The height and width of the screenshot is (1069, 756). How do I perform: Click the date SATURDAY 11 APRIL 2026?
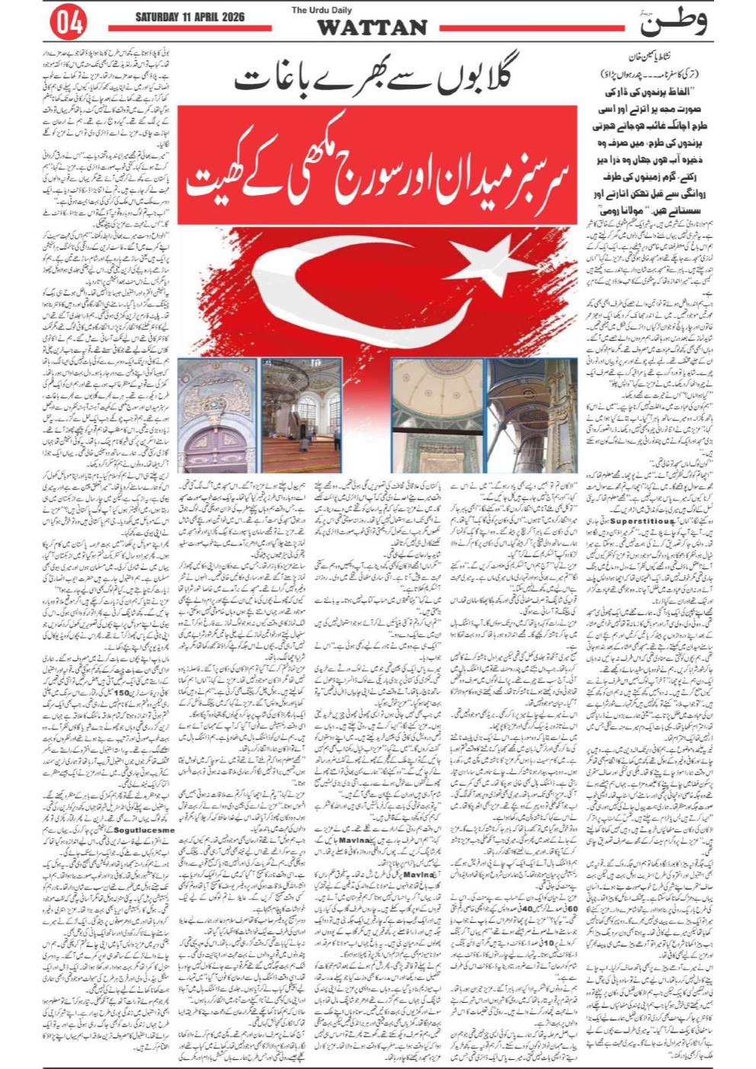click(190, 17)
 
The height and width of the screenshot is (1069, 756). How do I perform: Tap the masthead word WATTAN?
click(371, 27)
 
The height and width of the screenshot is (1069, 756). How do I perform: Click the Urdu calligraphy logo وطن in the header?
click(672, 22)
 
